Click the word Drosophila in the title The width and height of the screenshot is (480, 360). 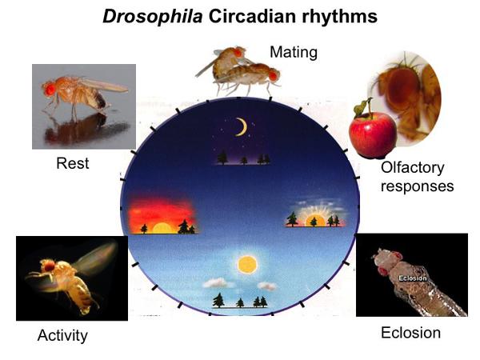click(x=153, y=16)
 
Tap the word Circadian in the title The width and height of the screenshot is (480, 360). click(x=252, y=16)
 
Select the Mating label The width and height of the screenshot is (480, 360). click(x=294, y=52)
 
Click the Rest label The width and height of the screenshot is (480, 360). click(x=73, y=163)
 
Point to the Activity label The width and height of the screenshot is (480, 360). click(x=62, y=335)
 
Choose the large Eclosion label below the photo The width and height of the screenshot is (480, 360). click(x=411, y=333)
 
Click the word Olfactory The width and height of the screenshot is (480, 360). click(x=412, y=168)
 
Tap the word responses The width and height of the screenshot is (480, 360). click(x=418, y=186)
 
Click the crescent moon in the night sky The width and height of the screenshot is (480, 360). click(x=242, y=127)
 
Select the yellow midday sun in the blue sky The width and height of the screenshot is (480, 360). click(x=247, y=265)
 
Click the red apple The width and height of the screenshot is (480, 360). click(x=373, y=134)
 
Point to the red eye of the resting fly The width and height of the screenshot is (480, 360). click(x=50, y=89)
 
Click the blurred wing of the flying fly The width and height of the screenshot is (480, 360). click(x=95, y=257)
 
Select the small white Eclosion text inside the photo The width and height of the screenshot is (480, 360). click(x=412, y=278)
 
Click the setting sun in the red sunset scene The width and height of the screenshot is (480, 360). click(x=162, y=228)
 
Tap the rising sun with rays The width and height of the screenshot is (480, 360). click(x=315, y=221)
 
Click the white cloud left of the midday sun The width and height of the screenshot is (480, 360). click(x=215, y=283)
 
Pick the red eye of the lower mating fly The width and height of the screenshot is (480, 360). click(x=274, y=76)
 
